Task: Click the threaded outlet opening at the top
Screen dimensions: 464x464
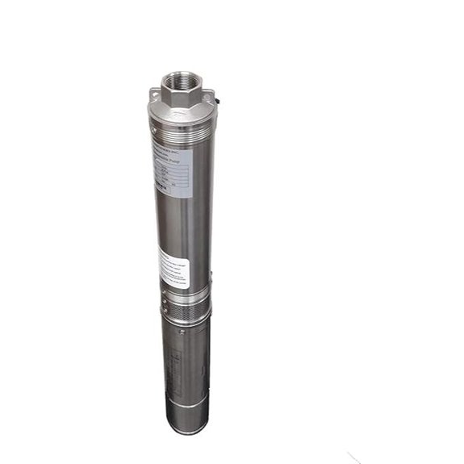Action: point(177,82)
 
